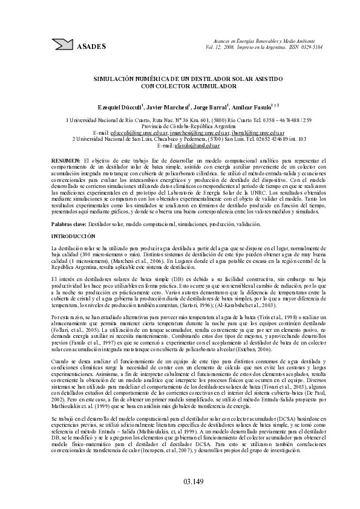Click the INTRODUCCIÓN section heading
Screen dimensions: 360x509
click(73, 234)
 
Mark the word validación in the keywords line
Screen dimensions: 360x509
click(248, 224)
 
